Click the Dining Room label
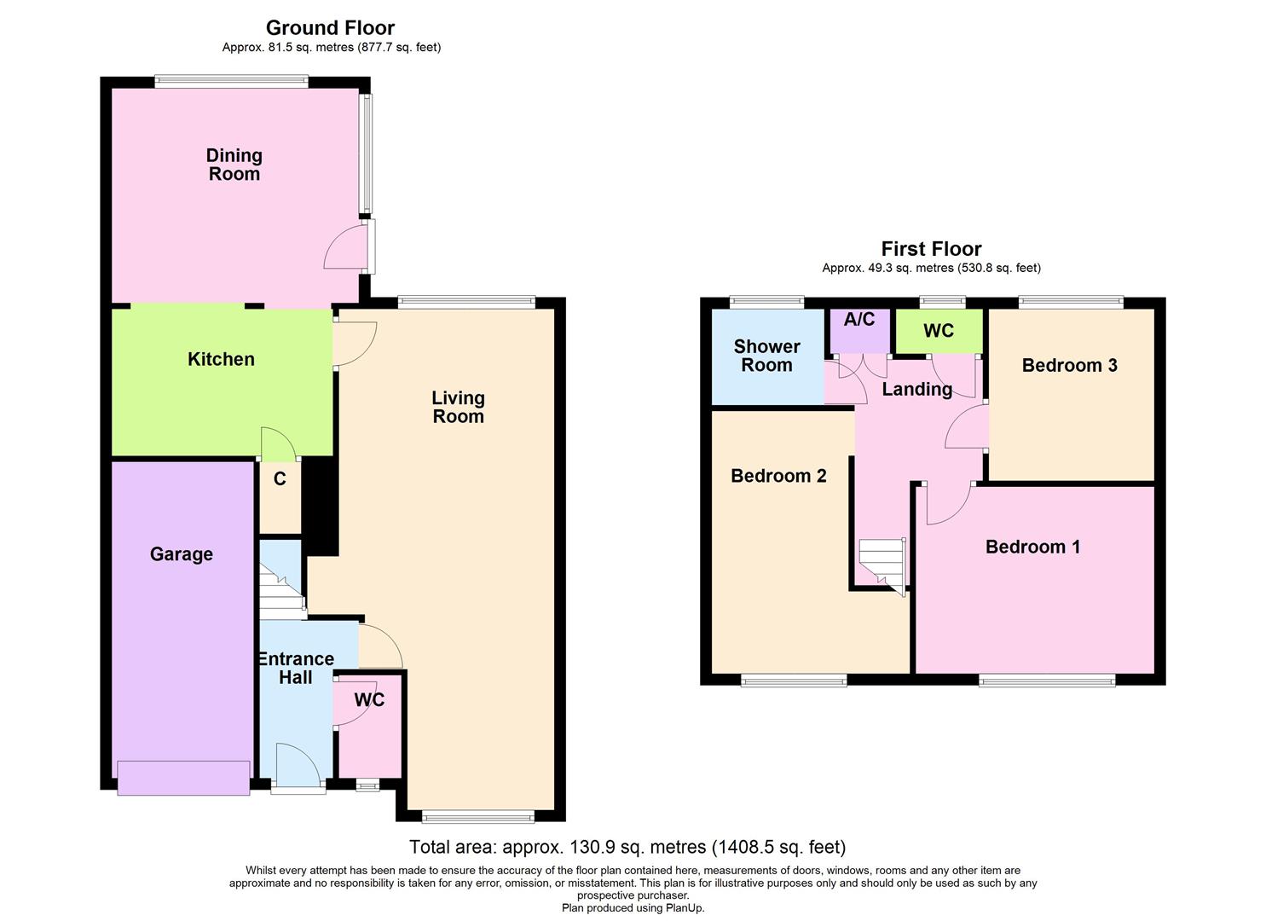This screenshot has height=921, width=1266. coord(234,165)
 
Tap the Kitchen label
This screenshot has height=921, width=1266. coord(221,359)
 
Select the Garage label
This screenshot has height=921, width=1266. coord(181,554)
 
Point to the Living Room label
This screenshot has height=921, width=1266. coord(458,407)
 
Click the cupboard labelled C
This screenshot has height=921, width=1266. coord(280,479)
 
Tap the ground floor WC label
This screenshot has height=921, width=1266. coord(369,700)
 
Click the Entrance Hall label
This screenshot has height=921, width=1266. coord(296,668)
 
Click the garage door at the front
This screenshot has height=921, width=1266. coord(183,778)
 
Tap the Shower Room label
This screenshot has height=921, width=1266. coord(766,356)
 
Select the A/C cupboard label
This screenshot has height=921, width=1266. coord(859,320)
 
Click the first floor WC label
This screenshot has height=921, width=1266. coord(938,331)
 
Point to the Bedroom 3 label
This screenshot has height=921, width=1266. coord(1069,366)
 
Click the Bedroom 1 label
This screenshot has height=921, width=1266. coord(1032,547)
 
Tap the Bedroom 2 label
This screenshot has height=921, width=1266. coord(778,476)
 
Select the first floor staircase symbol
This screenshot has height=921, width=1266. coord(882,565)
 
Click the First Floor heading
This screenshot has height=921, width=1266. coord(931,249)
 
